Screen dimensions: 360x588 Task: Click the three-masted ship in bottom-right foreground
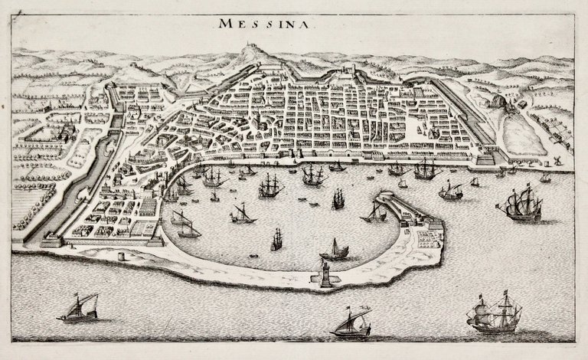[495, 314]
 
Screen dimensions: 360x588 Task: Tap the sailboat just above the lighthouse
[335, 249]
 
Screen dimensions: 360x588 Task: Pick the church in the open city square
[434, 130]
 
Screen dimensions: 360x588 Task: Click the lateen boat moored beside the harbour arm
[375, 213]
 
